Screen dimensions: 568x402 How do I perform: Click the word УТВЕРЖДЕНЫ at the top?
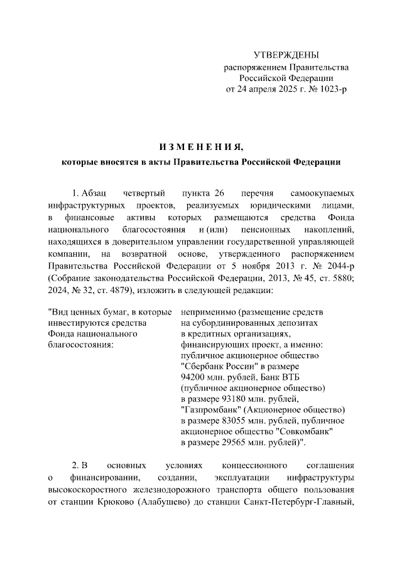pos(286,55)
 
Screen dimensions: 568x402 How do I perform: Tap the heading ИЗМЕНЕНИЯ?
pos(200,148)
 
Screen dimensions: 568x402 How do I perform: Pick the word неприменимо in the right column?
pos(206,312)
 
